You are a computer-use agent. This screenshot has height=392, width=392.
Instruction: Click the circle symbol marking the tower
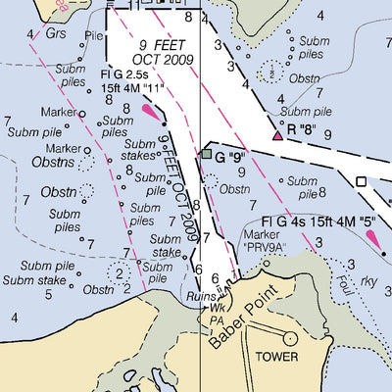pos(290,337)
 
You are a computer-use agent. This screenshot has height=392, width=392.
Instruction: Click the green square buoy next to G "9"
pos(206,154)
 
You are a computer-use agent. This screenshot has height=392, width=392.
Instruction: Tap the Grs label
pos(56,34)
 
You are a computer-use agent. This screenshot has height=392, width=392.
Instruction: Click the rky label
pos(368,281)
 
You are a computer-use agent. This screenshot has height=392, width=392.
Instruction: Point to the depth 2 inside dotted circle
pos(120,273)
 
